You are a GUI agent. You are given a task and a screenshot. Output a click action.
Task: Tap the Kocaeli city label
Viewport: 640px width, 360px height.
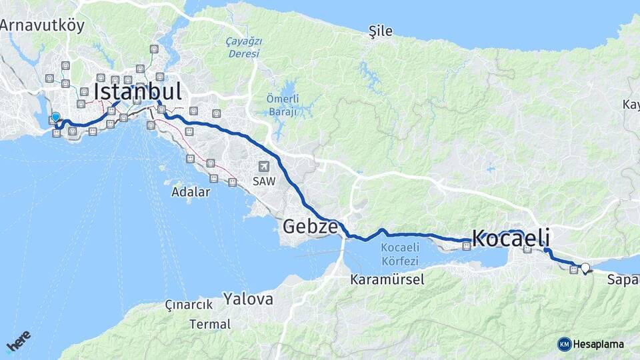tap(511, 238)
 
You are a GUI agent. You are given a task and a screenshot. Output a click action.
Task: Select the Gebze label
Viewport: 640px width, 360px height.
tap(310, 226)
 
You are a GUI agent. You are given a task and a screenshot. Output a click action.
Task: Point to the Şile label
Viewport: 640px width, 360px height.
tap(381, 31)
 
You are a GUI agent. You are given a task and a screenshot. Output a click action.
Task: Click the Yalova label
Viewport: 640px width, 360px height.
tap(248, 299)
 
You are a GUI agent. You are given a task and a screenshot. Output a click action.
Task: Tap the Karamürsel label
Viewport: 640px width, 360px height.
tap(387, 279)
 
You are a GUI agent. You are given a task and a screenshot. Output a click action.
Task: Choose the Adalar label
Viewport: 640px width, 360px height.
tap(191, 192)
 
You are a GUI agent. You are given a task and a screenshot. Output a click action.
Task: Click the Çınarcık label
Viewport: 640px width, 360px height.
tap(189, 305)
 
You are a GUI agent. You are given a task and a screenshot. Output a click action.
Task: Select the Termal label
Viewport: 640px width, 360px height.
tap(210, 325)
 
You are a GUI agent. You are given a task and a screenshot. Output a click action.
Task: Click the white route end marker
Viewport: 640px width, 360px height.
tap(585, 268)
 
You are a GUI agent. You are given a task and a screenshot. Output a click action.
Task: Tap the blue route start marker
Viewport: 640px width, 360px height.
tap(56, 117)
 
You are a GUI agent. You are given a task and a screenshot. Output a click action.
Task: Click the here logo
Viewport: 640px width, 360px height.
tap(19, 341)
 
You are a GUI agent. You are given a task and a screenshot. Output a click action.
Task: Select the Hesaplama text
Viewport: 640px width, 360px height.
tap(599, 344)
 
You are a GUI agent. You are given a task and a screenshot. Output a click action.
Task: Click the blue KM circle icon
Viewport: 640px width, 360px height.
tap(565, 344)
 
